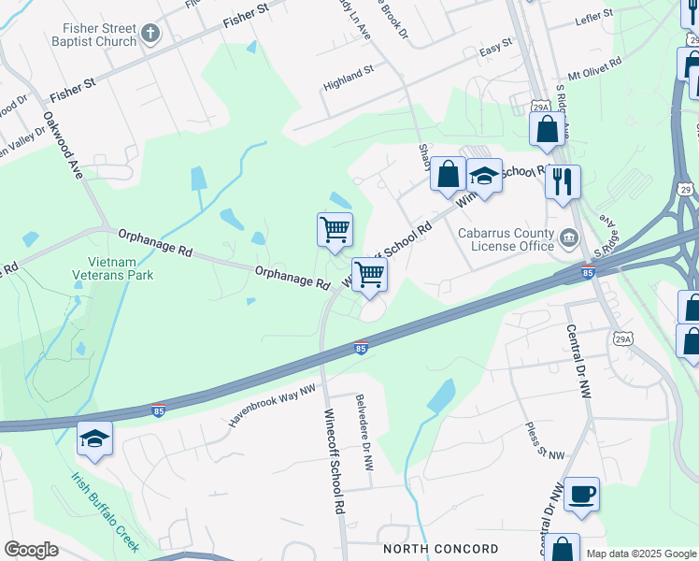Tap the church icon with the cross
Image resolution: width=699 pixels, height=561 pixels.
tap(150, 36)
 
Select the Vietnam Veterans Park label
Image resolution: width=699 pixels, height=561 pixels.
tap(113, 269)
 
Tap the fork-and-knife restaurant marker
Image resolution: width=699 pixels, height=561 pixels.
tap(562, 181)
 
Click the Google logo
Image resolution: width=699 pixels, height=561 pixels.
tap(31, 550)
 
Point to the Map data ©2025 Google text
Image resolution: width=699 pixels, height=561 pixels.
tap(641, 554)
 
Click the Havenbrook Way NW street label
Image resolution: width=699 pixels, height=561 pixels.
tap(272, 405)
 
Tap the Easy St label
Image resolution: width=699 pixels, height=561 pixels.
tap(495, 44)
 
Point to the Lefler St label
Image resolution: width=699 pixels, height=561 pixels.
tap(594, 14)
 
